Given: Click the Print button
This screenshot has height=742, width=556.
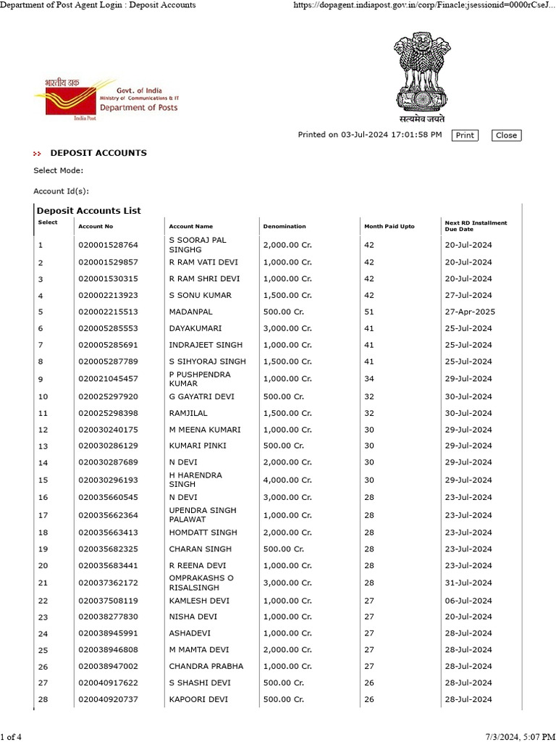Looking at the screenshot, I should coord(465,135).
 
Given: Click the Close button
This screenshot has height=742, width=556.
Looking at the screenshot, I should coord(506,135).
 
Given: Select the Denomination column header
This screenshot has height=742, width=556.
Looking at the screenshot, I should coord(285,227).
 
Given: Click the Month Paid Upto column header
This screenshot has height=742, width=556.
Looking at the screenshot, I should coord(389,227).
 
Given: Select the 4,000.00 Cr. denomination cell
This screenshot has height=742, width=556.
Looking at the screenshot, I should coord(287,480).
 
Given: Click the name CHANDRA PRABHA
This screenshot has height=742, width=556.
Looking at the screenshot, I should coord(206,666).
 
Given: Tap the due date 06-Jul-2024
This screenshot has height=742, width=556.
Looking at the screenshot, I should coord(468,599).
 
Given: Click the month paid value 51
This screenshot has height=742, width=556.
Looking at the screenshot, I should coord(369,312).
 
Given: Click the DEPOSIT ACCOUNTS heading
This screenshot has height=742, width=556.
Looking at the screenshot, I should coord(98,153).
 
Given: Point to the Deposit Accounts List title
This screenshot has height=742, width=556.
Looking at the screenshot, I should coord(89,211).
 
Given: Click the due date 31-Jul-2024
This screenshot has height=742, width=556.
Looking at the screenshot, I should coord(468,583).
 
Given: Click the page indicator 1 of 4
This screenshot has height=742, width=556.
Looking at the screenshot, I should coord(12,737).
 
